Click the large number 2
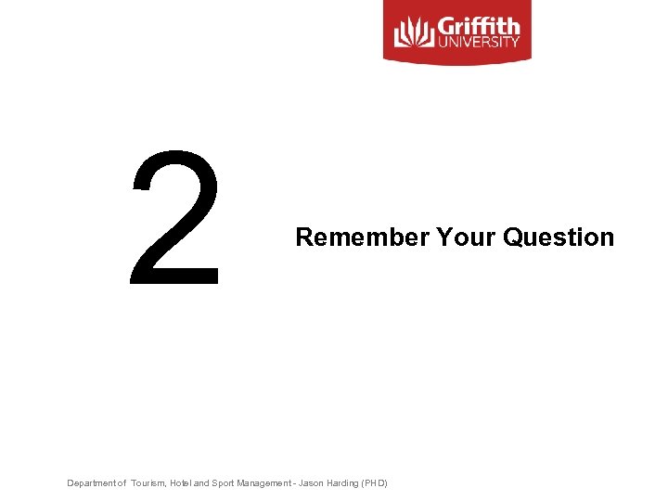coord(175,218)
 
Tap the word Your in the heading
coord(466,238)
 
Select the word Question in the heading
coord(559,238)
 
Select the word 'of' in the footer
coord(122,483)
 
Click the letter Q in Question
coord(512,238)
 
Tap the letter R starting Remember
coord(302,238)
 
